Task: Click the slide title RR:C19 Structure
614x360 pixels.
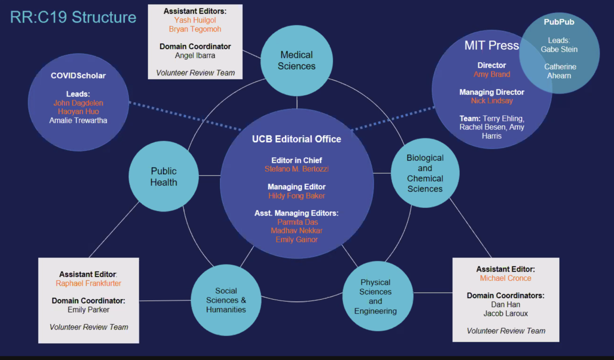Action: coord(73,17)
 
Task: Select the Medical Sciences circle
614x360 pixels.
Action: coord(297,60)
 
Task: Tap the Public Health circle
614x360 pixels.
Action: coord(163,176)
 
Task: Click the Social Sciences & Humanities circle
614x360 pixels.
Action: coord(226,300)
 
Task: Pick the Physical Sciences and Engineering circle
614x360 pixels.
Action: coord(375,296)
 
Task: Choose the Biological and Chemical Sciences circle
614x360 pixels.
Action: coord(425,173)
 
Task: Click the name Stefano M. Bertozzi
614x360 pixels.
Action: coord(297,169)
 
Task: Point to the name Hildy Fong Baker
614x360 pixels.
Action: coord(297,196)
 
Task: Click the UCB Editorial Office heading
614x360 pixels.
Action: coord(297,139)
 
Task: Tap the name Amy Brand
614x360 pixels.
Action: coord(492,74)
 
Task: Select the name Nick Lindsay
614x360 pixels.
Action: coord(492,100)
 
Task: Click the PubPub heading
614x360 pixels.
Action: coord(559,22)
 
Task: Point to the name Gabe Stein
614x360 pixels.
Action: coord(559,49)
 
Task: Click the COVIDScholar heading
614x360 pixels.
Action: coord(78,76)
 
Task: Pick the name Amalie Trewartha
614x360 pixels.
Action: coord(78,120)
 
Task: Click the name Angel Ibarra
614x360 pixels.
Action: coord(195,56)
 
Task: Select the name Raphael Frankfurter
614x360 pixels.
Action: coord(88,283)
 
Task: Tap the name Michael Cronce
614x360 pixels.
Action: coord(506,278)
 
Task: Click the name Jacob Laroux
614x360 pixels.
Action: coord(506,314)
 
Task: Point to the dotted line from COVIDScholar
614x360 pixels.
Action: coord(184,116)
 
